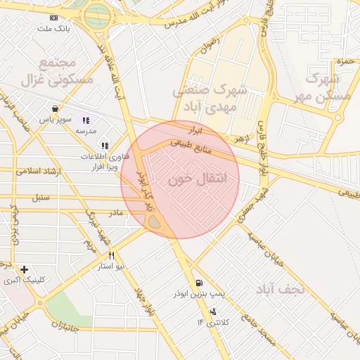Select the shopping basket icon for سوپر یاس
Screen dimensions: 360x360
click(54, 109)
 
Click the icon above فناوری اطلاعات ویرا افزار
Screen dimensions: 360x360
click(105, 145)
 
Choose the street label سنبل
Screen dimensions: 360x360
click(40, 198)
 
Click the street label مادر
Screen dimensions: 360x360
click(115, 212)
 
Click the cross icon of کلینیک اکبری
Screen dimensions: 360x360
click(25, 269)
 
